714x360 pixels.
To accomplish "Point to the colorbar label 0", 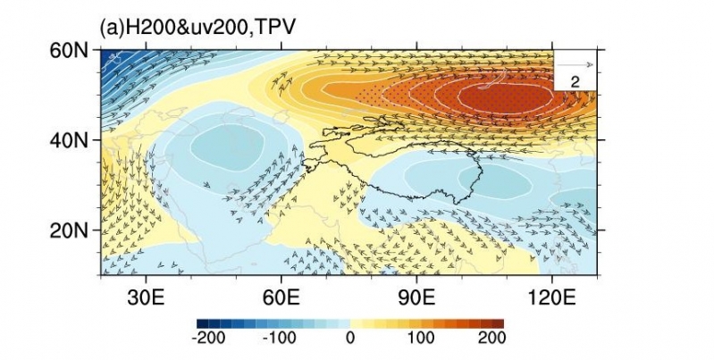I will click(x=350, y=339).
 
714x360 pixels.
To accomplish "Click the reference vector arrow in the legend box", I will click(x=576, y=65).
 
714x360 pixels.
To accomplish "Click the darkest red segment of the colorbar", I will click(x=498, y=323).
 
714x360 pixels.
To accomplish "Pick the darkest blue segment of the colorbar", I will click(x=202, y=323).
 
